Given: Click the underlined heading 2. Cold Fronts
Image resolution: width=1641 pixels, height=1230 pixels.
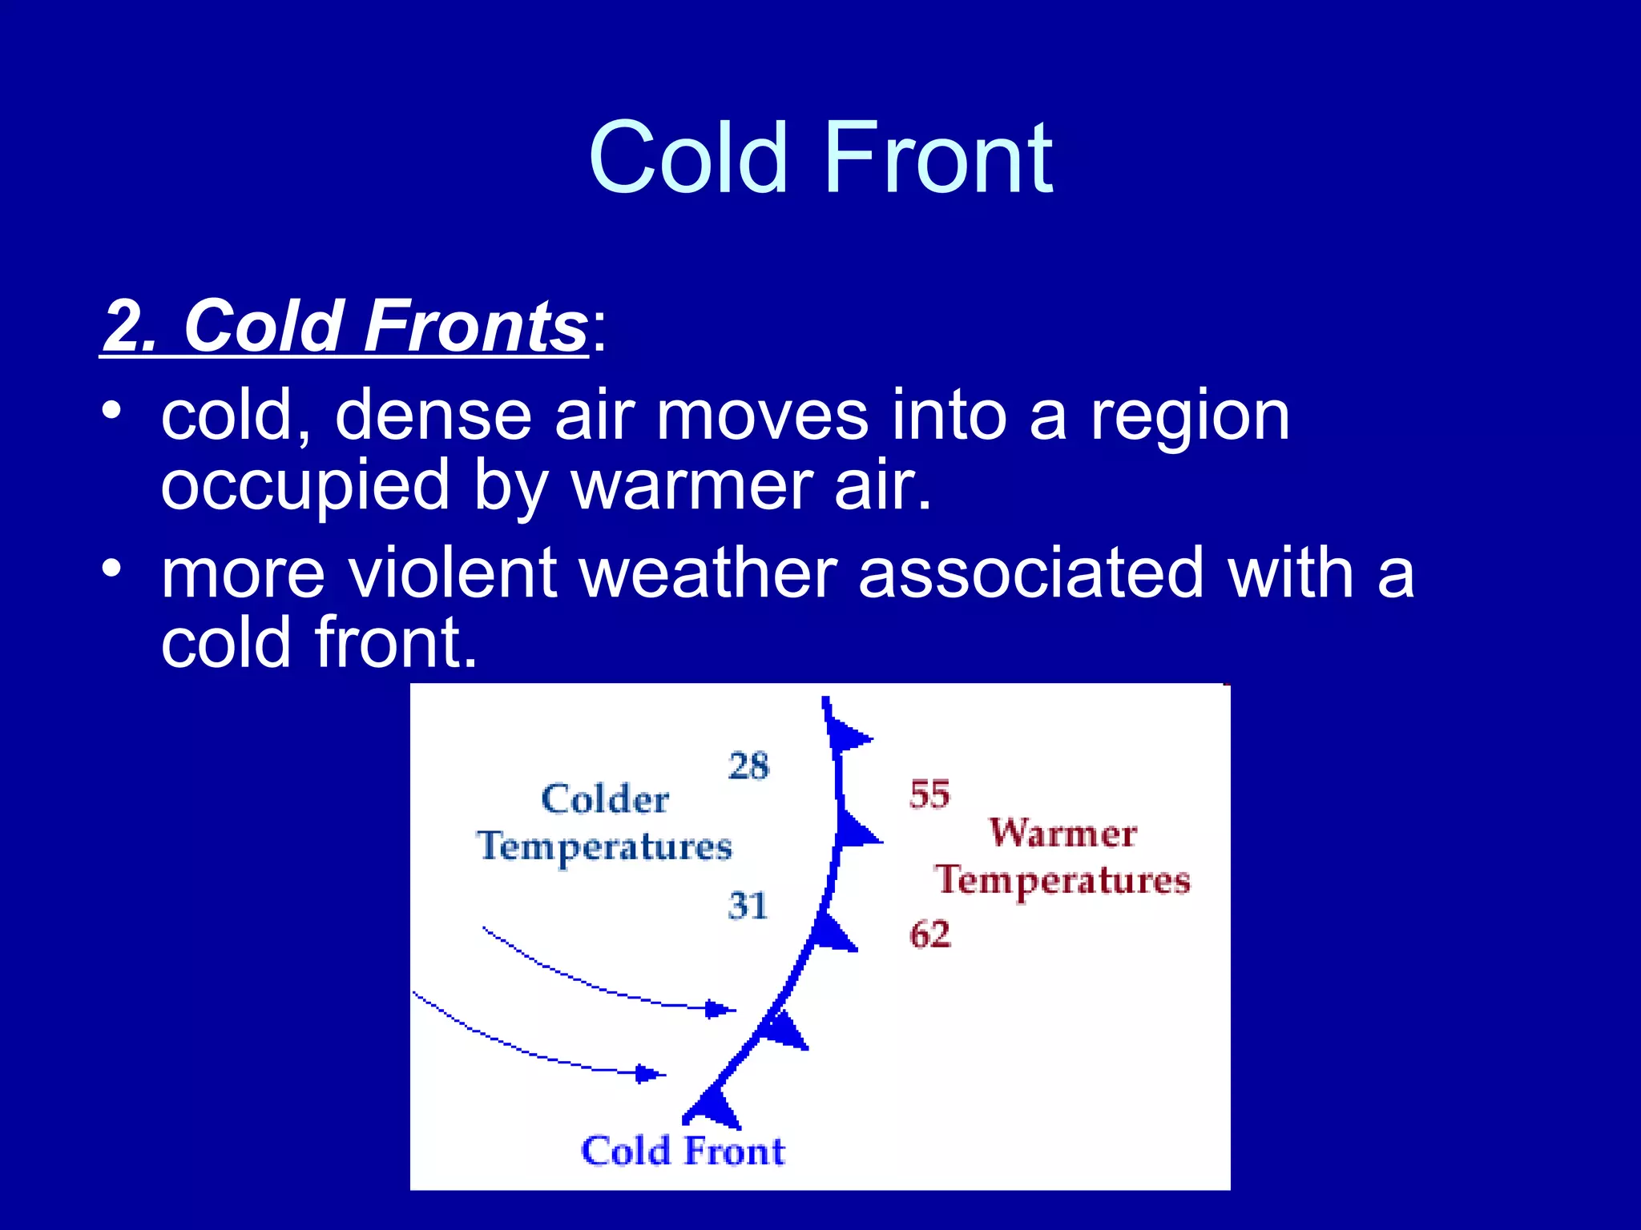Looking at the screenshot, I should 345,327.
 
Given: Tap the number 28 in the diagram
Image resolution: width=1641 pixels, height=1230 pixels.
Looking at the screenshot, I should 748,766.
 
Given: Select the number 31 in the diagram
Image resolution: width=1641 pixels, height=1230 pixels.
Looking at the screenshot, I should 748,906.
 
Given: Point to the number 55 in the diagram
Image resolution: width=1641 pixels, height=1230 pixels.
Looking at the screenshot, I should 929,794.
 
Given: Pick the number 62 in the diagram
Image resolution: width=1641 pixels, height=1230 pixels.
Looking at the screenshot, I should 929,935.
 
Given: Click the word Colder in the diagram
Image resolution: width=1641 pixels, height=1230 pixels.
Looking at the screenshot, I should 605,799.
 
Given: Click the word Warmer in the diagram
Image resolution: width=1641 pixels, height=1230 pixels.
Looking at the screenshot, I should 1062,833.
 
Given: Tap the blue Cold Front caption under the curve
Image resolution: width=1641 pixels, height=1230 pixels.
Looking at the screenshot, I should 683,1152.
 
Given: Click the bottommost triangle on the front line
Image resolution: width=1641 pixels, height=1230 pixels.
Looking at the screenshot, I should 716,1109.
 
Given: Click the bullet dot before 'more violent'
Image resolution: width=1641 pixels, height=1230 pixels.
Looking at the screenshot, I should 111,569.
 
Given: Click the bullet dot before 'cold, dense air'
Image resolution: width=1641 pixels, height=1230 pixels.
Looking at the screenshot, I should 111,411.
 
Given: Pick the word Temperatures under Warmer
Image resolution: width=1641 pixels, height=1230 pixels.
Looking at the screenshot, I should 1062,881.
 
